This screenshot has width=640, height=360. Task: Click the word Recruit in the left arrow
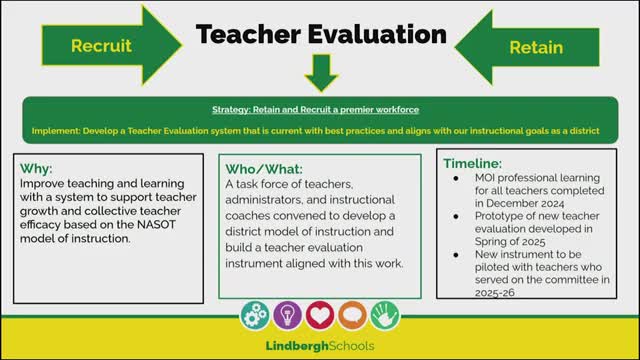click(x=101, y=46)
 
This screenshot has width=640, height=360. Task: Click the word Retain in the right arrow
click(x=536, y=48)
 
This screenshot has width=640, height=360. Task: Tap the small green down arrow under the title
click(x=321, y=73)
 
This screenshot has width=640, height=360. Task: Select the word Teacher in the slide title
click(x=248, y=34)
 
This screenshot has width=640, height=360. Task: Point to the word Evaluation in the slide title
click(x=378, y=34)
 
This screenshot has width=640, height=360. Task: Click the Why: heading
click(x=36, y=169)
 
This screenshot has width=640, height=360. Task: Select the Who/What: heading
click(x=264, y=169)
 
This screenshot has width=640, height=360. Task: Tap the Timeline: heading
click(x=473, y=164)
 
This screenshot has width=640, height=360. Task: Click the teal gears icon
click(x=255, y=315)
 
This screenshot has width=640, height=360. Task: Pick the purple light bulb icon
click(x=287, y=315)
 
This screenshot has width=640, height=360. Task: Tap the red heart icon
click(x=320, y=315)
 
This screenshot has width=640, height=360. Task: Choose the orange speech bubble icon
click(x=352, y=315)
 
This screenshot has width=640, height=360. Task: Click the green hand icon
click(x=385, y=315)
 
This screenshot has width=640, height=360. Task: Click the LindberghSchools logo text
click(x=320, y=346)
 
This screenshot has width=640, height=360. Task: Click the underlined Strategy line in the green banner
click(x=316, y=110)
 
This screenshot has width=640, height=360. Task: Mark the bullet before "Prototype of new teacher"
click(x=456, y=216)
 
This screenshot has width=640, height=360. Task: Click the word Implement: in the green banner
click(x=56, y=131)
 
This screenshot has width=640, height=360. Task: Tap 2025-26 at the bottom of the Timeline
click(x=494, y=293)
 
